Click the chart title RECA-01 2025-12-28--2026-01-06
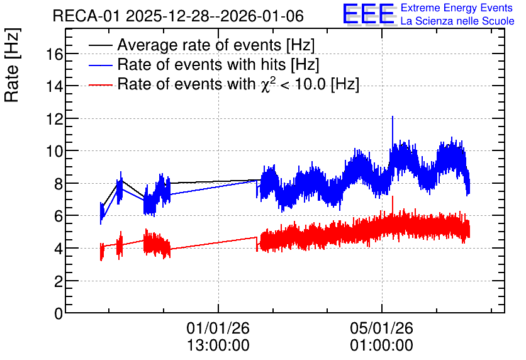click(x=178, y=16)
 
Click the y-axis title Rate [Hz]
click(x=12, y=65)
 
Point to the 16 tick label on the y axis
click(x=54, y=54)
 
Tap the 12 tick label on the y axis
click(x=54, y=119)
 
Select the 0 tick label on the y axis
click(x=59, y=313)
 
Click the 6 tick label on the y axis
click(x=59, y=217)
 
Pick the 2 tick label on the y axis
click(x=59, y=281)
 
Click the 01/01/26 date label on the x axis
click(x=218, y=328)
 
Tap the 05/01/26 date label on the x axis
click(x=382, y=328)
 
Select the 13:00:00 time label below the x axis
click(x=218, y=346)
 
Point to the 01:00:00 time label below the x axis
click(x=382, y=346)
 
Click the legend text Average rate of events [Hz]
click(x=216, y=45)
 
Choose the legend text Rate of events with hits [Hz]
click(x=218, y=64)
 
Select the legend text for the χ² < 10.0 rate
click(x=238, y=84)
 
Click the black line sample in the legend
click(x=101, y=45)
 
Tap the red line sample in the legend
click(x=101, y=85)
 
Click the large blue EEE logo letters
click(x=369, y=14)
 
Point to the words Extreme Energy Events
click(x=457, y=8)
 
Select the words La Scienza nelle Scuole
click(x=457, y=21)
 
